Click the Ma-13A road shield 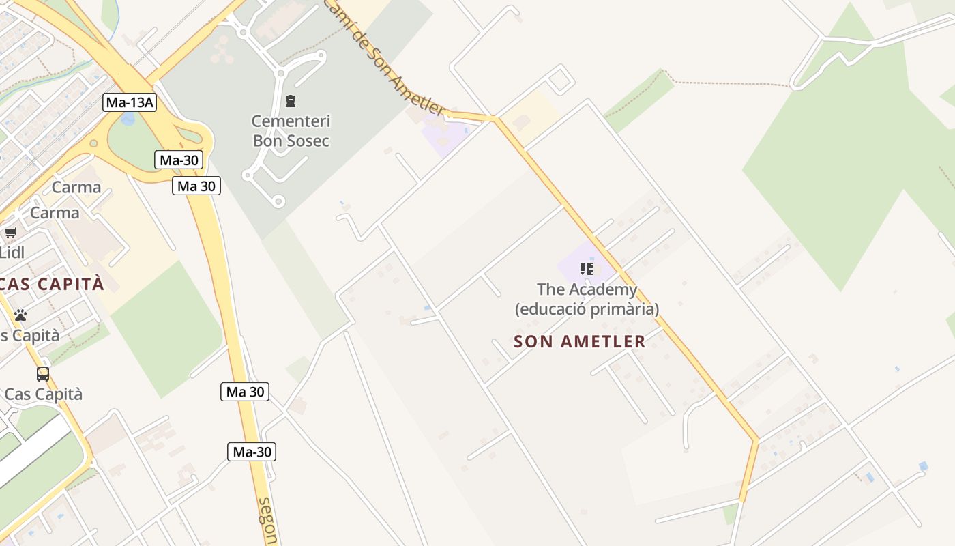[130, 103]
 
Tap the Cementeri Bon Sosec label [291, 131]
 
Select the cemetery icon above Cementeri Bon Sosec [291, 102]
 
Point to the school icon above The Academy [586, 269]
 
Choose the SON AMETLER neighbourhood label [579, 341]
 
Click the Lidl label [12, 253]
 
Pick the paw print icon [20, 315]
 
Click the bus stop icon [43, 374]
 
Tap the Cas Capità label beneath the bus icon [43, 394]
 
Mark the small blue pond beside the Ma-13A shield [128, 119]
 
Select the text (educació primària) [587, 309]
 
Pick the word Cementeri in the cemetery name [291, 121]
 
